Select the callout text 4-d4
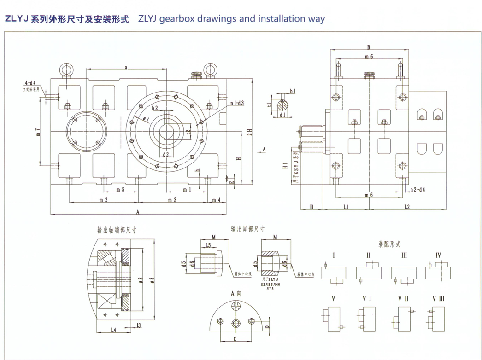(30, 82)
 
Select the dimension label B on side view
(368, 47)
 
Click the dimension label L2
(407, 207)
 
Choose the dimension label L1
(346, 207)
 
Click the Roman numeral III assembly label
(404, 255)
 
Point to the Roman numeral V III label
(438, 298)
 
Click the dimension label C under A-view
(235, 339)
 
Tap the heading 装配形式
(389, 244)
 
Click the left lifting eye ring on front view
(65, 70)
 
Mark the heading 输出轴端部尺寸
(117, 229)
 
